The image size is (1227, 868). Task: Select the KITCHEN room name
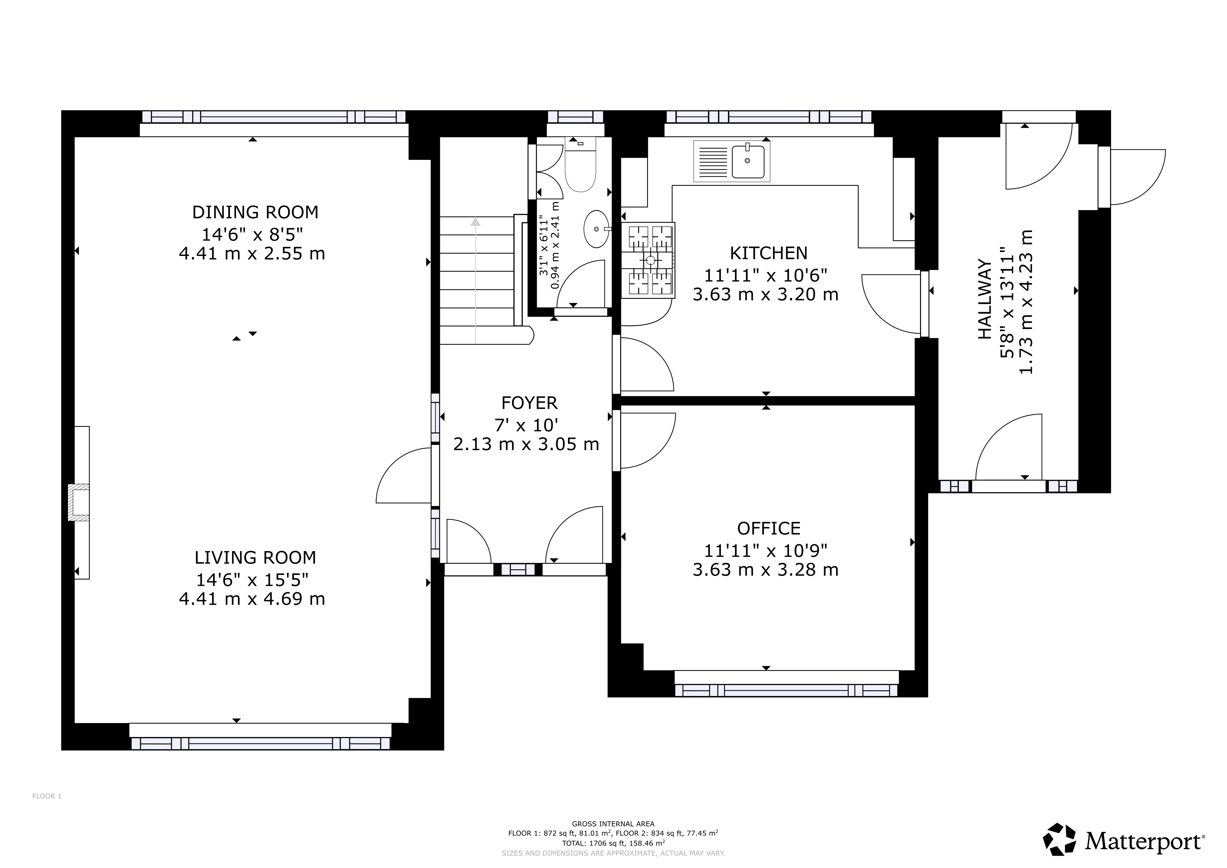(768, 253)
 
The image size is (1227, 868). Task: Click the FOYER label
(529, 402)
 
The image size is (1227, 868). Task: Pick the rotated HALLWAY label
(985, 299)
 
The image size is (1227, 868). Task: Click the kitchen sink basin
(748, 161)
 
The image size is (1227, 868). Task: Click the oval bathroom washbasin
(596, 229)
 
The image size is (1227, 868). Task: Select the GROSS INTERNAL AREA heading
(613, 824)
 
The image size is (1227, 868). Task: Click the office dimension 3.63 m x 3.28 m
(765, 570)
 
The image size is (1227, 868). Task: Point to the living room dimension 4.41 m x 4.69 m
(252, 598)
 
